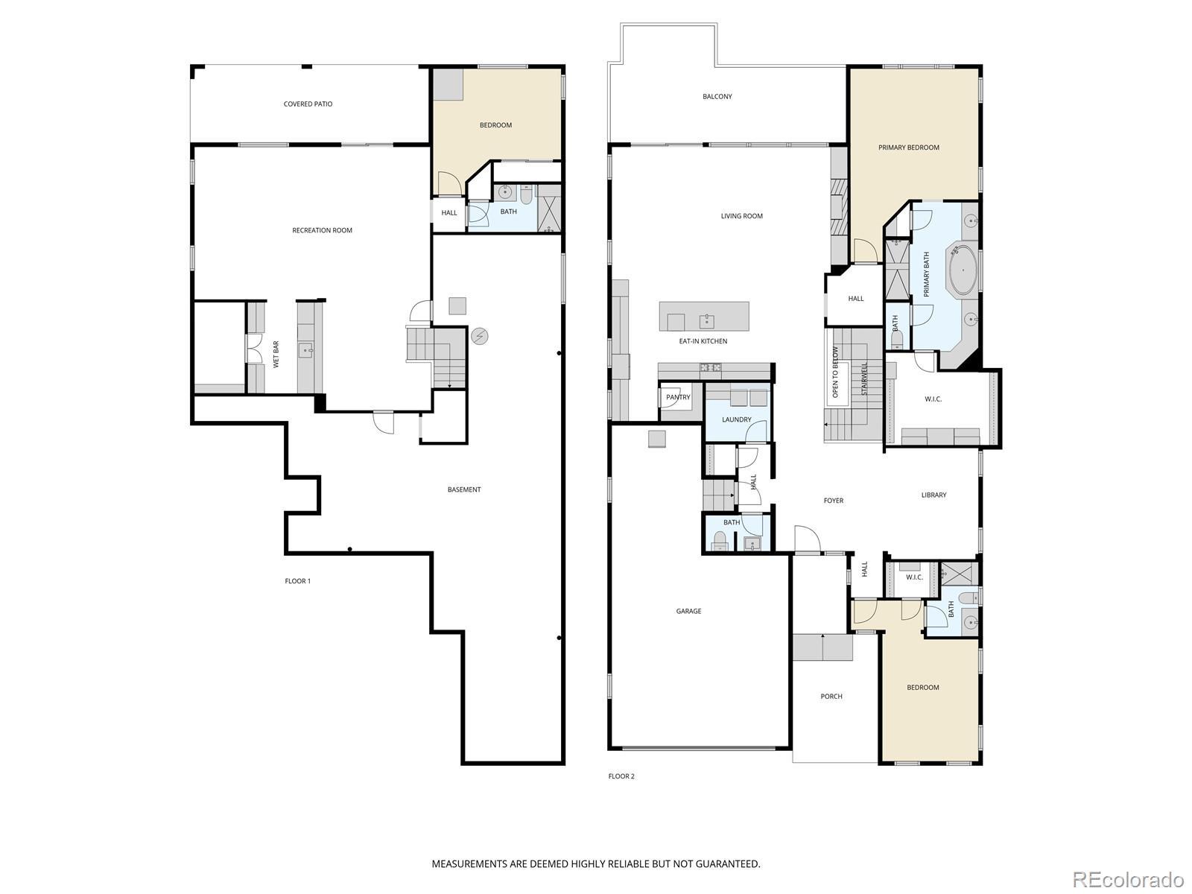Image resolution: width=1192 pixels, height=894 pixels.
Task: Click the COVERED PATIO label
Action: tap(308, 104)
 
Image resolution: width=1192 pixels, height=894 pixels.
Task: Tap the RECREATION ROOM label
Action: tap(322, 230)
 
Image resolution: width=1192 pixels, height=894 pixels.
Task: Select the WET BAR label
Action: tap(276, 355)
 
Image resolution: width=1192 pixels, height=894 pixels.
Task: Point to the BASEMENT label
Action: tap(464, 489)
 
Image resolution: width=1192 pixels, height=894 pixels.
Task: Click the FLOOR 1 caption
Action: tap(297, 581)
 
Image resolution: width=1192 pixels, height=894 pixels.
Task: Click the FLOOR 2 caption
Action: tap(621, 776)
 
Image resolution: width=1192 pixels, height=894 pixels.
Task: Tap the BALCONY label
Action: tap(717, 97)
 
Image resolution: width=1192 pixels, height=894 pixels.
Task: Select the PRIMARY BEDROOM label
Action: tap(908, 148)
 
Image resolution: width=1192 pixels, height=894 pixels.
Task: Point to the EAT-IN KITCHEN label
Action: tap(703, 341)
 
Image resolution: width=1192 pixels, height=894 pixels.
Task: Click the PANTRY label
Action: tap(678, 397)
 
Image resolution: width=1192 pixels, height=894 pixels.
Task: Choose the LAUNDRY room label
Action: tap(736, 419)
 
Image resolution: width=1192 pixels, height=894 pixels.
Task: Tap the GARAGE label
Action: tap(688, 611)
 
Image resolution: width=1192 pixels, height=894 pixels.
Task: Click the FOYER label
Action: tap(833, 501)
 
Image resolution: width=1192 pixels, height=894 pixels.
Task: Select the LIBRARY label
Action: tap(933, 495)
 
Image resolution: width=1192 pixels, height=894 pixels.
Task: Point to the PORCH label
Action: tap(831, 697)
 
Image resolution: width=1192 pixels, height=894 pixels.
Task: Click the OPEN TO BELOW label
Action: tap(835, 372)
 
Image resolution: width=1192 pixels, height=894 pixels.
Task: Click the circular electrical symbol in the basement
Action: tap(480, 337)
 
